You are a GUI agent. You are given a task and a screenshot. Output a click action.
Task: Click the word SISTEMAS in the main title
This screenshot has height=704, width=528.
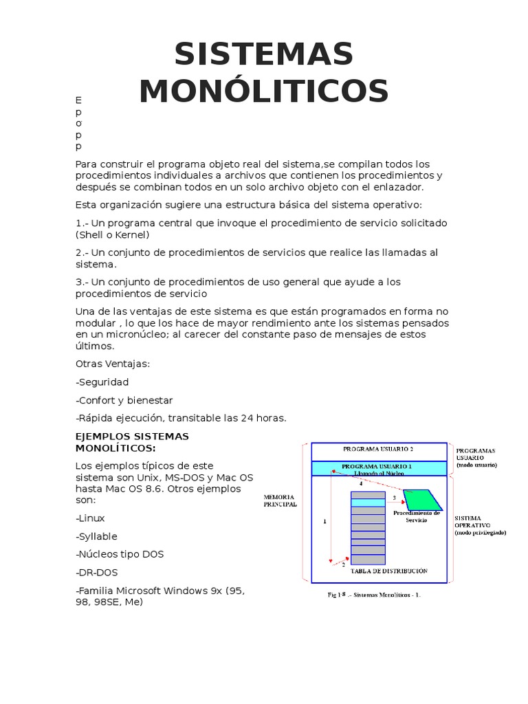[264, 54]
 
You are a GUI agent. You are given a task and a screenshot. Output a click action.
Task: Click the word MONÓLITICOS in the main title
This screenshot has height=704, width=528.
[264, 91]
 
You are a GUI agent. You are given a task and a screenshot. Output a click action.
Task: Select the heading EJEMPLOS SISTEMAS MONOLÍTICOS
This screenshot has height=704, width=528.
[131, 442]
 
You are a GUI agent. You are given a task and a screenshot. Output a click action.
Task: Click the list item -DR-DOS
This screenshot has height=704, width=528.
[98, 573]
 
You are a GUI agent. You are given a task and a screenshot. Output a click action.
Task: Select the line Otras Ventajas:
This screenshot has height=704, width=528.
[112, 364]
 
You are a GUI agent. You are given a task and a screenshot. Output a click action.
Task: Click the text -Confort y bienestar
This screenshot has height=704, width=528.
[124, 400]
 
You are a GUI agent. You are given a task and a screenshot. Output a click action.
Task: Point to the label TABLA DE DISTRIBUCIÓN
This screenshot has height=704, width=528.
[388, 571]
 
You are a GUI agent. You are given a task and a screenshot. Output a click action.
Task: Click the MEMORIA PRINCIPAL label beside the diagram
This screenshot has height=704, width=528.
[280, 500]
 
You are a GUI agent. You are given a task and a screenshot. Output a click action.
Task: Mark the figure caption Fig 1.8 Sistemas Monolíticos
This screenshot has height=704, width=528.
[373, 595]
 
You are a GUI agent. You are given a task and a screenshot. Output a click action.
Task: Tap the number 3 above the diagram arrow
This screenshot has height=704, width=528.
[394, 497]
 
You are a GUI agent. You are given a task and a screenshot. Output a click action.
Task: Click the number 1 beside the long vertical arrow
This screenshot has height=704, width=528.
[324, 522]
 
